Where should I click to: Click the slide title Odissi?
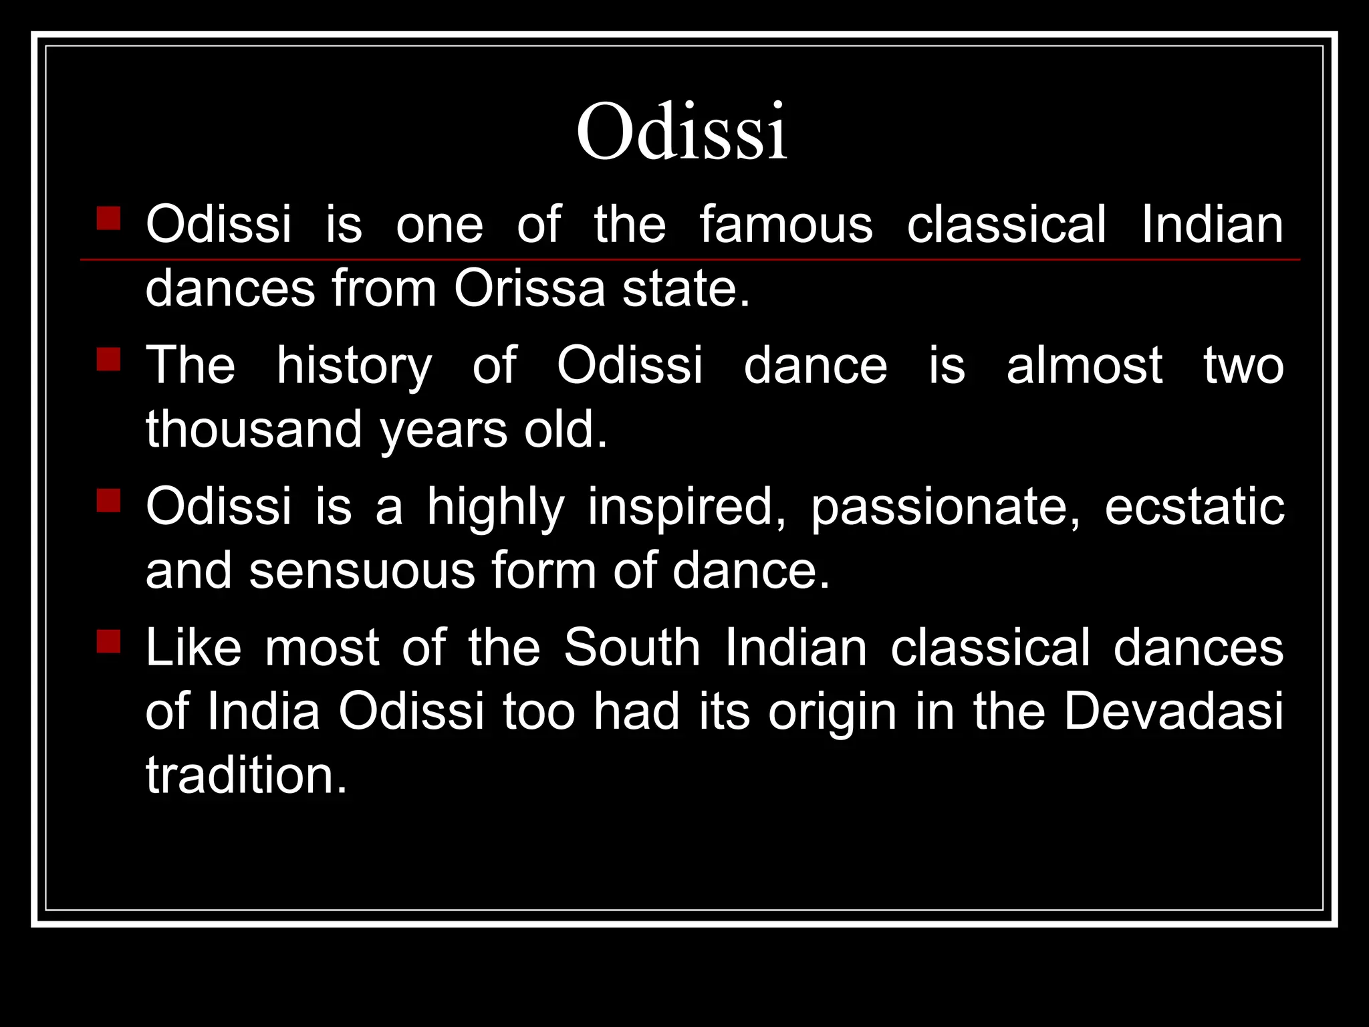click(682, 131)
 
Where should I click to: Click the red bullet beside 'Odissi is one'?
click(108, 218)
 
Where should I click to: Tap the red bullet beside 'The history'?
click(108, 359)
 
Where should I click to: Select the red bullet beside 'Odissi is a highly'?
click(108, 500)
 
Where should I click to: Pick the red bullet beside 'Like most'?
click(108, 641)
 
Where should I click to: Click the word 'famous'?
click(786, 224)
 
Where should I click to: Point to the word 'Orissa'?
click(529, 288)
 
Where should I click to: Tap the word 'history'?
click(354, 366)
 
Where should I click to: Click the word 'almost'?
click(1084, 366)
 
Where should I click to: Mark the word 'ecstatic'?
click(1194, 506)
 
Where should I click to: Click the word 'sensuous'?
click(362, 570)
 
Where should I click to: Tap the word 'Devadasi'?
click(1173, 711)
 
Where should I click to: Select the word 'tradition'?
click(246, 775)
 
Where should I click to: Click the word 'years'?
click(443, 431)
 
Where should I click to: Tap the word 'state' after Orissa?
click(686, 289)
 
